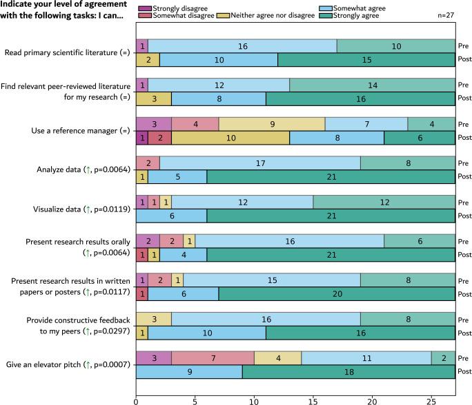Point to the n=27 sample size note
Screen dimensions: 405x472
[446, 14]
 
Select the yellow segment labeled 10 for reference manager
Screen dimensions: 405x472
[230, 137]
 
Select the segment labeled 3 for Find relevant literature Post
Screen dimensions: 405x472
[153, 98]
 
